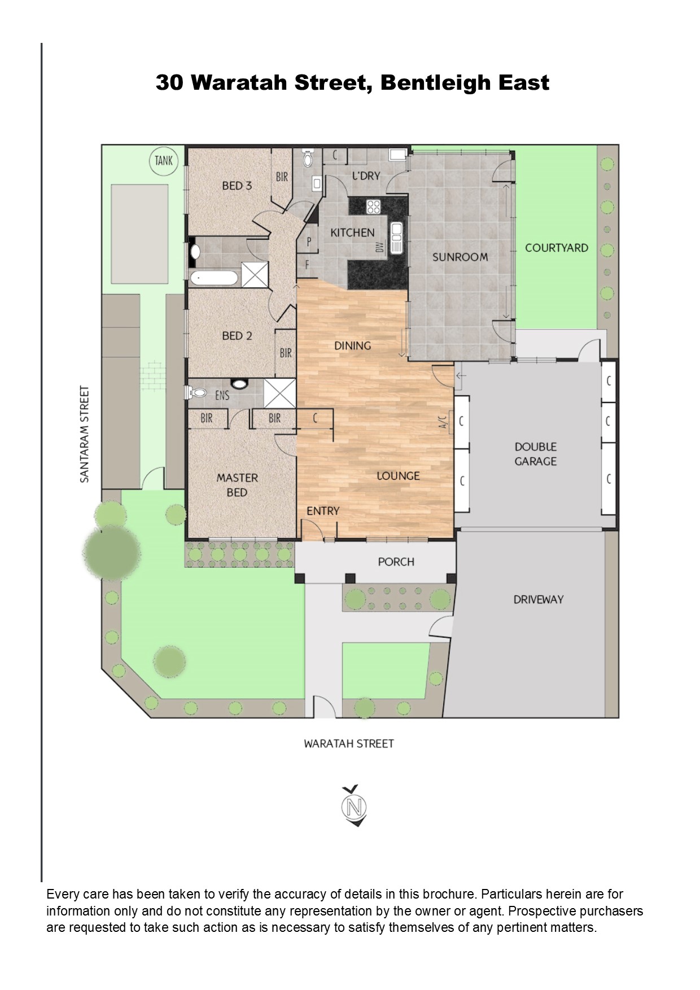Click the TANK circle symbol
coord(164,161)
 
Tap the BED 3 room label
coord(237,186)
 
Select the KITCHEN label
coord(352,233)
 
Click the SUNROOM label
coord(460,257)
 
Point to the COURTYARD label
coord(557,248)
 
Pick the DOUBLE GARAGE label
coord(536,454)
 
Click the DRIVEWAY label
coord(539,599)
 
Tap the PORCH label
coord(396,562)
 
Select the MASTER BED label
coord(237,485)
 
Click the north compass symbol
coord(354,806)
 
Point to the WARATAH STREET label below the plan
coord(348,744)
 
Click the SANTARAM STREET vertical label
coord(85,434)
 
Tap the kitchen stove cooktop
coord(374,207)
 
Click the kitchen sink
coord(397,237)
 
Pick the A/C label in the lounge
coord(443,421)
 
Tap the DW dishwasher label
coord(380,247)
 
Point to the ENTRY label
coord(323,511)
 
